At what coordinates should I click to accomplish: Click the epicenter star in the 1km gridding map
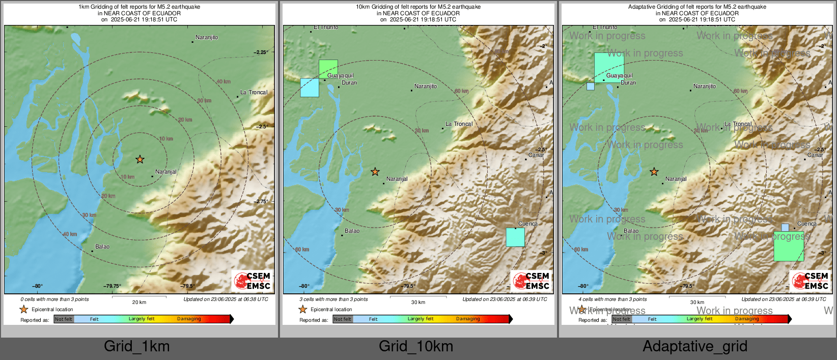pos(140,159)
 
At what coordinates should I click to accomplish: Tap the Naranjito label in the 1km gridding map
pos(207,38)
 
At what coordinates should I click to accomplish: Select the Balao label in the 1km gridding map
pos(102,247)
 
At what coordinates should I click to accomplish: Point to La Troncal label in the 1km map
pos(254,93)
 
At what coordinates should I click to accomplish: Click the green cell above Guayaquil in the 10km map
pos(328,68)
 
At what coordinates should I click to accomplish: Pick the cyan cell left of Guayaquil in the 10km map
pos(310,88)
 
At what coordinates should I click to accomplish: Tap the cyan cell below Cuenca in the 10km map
pos(515,237)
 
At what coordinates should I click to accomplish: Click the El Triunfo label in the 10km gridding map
pos(326,27)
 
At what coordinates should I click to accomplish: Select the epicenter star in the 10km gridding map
pos(375,172)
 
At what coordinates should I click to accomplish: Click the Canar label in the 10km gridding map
pos(536,155)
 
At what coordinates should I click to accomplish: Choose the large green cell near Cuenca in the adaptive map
pos(789,246)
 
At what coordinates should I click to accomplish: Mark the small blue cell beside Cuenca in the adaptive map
pos(785,228)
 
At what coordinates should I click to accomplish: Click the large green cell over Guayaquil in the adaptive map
pos(609,67)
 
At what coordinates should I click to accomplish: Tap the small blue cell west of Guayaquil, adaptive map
pos(591,87)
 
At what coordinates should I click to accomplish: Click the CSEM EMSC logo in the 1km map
pos(252,281)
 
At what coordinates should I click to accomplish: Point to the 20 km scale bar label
pos(139,302)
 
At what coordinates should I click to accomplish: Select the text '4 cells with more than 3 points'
pos(612,299)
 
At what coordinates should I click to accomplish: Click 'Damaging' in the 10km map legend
pos(468,319)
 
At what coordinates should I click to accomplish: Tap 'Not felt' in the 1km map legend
pos(64,319)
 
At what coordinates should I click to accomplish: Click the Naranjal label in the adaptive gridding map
pos(676,179)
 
